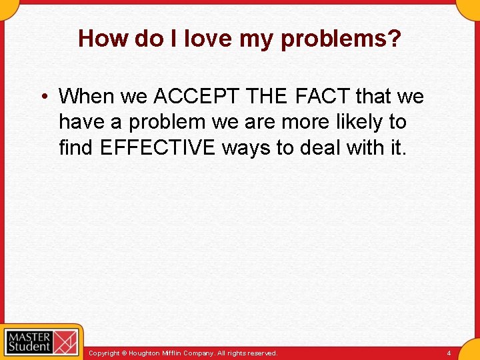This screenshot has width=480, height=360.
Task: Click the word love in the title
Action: [x=207, y=39]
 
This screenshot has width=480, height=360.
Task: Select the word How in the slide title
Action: [x=103, y=39]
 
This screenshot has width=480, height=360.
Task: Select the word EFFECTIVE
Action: [x=157, y=147]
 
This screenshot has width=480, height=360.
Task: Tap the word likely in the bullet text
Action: [x=358, y=122]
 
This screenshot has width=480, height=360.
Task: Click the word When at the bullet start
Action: [x=87, y=97]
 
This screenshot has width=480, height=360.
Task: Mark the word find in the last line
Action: [x=76, y=147]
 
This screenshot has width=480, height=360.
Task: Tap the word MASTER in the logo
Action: [x=28, y=335]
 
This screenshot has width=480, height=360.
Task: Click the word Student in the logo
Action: [x=28, y=346]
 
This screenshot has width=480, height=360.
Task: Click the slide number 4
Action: [x=449, y=353]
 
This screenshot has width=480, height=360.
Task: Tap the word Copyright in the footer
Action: [x=105, y=353]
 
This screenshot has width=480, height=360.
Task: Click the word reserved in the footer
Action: [x=261, y=353]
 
